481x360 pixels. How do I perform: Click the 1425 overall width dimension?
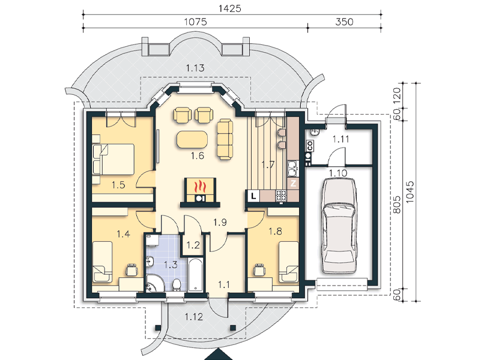click(230, 8)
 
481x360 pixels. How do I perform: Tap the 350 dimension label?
click(344, 22)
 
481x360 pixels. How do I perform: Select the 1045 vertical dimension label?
click(410, 192)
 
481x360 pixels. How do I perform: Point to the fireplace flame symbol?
click(200, 186)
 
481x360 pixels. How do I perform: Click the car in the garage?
click(339, 226)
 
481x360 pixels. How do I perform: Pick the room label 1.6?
click(197, 155)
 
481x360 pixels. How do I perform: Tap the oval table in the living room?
click(192, 139)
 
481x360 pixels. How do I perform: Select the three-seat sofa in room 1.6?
click(225, 139)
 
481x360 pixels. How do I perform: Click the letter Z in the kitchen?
click(293, 184)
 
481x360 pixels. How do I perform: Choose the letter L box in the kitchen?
click(253, 196)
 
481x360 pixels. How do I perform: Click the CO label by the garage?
click(310, 145)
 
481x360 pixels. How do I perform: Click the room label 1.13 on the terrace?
click(195, 68)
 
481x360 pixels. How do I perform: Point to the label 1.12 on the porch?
click(194, 316)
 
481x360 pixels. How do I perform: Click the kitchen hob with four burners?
click(281, 196)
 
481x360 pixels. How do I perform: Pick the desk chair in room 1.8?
click(260, 269)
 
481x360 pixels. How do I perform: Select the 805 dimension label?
click(397, 205)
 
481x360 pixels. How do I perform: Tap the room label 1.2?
click(193, 245)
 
